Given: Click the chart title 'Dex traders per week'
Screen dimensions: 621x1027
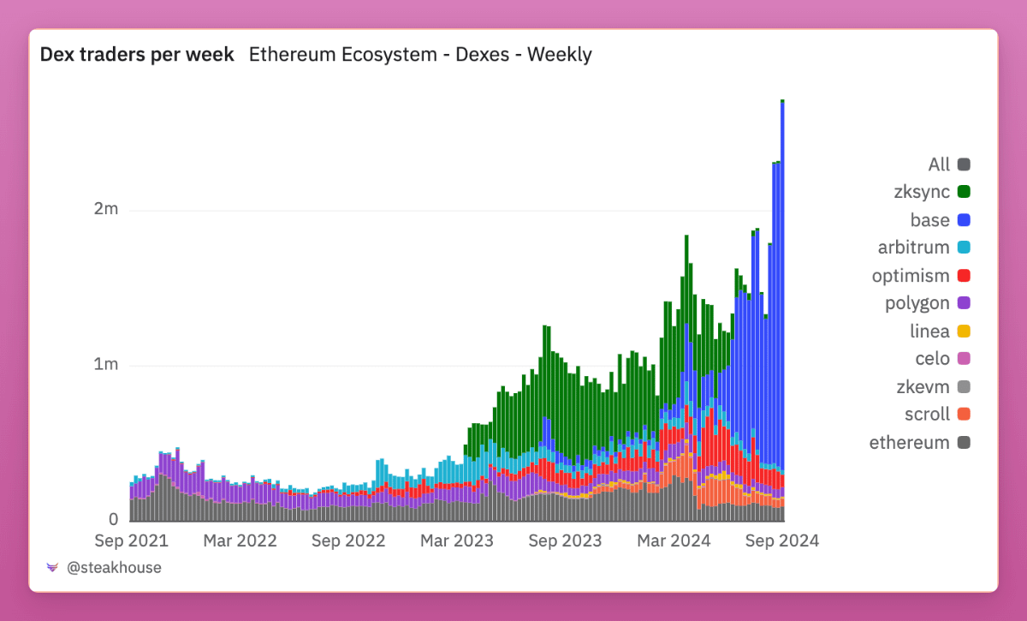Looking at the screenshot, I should (x=137, y=55).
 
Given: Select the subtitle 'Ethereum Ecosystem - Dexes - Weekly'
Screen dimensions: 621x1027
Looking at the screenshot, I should (x=420, y=55).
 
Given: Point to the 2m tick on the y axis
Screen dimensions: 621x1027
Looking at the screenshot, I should (x=106, y=210).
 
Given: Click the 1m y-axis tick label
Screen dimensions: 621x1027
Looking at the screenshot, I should (x=106, y=365).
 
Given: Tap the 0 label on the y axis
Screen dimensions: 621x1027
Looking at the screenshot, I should (x=113, y=519).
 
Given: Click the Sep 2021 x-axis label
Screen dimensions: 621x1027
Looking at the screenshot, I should (x=130, y=540).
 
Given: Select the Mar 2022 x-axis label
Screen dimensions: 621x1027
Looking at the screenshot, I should (x=240, y=540).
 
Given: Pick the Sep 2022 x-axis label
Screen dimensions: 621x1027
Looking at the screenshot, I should (x=348, y=540).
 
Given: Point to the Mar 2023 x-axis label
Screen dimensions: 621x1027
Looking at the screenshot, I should (x=457, y=540).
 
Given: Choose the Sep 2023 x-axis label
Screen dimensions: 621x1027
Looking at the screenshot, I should (x=565, y=540).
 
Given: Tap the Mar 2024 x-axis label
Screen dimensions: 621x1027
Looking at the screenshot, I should (x=674, y=540).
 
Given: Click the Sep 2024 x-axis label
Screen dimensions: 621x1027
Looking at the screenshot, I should (x=782, y=540).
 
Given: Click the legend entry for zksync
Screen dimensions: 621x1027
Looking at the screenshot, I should (x=922, y=193).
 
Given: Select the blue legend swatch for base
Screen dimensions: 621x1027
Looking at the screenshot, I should (x=964, y=221).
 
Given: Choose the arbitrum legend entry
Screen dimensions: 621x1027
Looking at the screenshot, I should (x=914, y=248).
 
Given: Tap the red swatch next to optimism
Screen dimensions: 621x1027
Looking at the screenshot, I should (x=964, y=276).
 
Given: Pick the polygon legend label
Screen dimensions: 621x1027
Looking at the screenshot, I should (x=917, y=303).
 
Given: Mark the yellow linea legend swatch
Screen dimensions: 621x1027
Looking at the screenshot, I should (x=964, y=331).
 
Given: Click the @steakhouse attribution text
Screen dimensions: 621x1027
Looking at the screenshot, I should (x=114, y=567).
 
